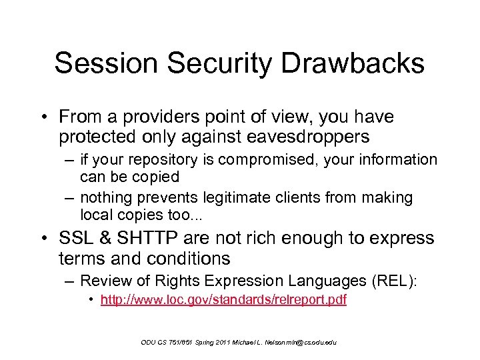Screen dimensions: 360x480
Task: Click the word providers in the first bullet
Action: pos(152,117)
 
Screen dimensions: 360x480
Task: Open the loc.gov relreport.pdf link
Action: pos(223,300)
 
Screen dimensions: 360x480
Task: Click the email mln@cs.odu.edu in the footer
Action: pos(304,342)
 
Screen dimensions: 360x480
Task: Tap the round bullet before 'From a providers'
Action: pos(49,118)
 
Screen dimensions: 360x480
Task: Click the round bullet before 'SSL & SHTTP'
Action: pos(49,239)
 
